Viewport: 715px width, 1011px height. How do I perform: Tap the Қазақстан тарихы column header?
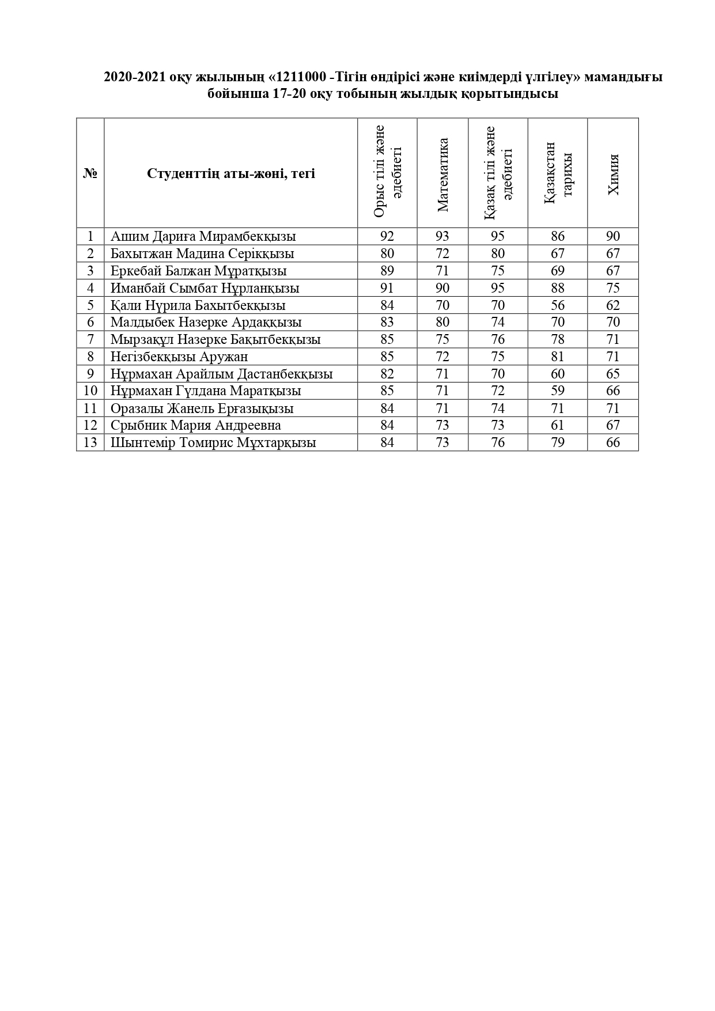click(x=558, y=173)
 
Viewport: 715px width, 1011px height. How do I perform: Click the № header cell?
click(x=90, y=173)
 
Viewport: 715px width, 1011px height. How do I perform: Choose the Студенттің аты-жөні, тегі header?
click(x=230, y=173)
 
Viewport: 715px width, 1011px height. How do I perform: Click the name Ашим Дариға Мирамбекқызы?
click(x=203, y=236)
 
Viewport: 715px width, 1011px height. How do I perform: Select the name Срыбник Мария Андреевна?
click(x=196, y=425)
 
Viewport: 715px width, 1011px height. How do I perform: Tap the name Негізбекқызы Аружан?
click(x=179, y=357)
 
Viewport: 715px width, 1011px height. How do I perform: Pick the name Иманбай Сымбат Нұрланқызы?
click(x=205, y=288)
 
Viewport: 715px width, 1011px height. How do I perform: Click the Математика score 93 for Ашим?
click(x=442, y=236)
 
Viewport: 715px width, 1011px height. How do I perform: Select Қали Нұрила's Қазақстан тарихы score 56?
click(x=558, y=305)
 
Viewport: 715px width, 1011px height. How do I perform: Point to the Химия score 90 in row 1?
click(x=613, y=236)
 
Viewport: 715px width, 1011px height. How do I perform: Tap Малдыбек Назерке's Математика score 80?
click(x=442, y=322)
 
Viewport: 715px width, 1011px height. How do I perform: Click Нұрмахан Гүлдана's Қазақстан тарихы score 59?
click(x=558, y=391)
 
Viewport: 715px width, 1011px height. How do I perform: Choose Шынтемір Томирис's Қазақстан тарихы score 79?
click(x=558, y=442)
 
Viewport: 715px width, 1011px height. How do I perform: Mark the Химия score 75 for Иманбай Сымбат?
click(x=613, y=288)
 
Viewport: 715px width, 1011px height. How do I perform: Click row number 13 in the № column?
click(x=90, y=442)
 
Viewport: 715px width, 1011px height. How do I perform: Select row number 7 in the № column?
click(x=90, y=339)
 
